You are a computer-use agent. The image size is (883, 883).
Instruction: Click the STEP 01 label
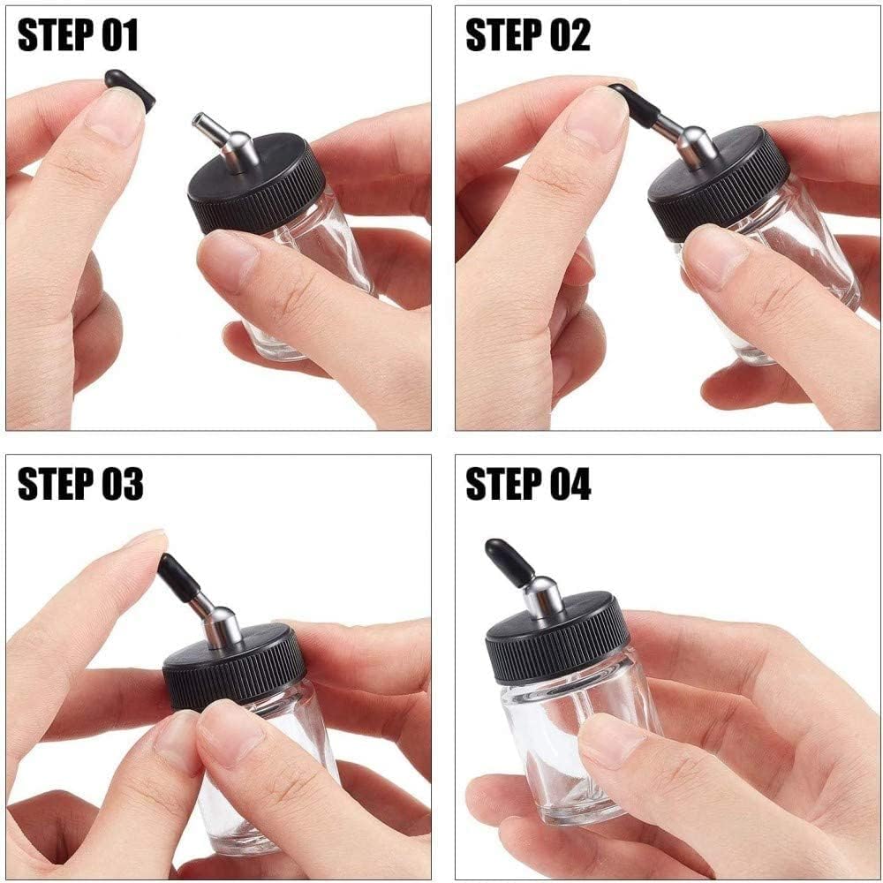click(78, 36)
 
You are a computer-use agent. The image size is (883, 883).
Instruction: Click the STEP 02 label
click(528, 36)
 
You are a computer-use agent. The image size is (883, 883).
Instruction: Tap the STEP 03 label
click(80, 484)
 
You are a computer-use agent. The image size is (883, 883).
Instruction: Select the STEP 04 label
click(528, 484)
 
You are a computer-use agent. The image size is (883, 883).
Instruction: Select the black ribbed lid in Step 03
click(235, 667)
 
